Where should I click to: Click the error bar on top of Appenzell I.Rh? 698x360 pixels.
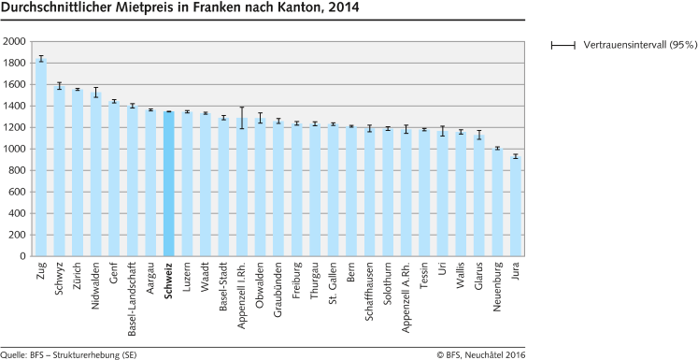click(241, 118)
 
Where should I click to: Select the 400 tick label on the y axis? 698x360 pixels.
click(17, 214)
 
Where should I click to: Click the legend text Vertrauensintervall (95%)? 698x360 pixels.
click(639, 45)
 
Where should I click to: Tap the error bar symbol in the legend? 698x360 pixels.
click(564, 45)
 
